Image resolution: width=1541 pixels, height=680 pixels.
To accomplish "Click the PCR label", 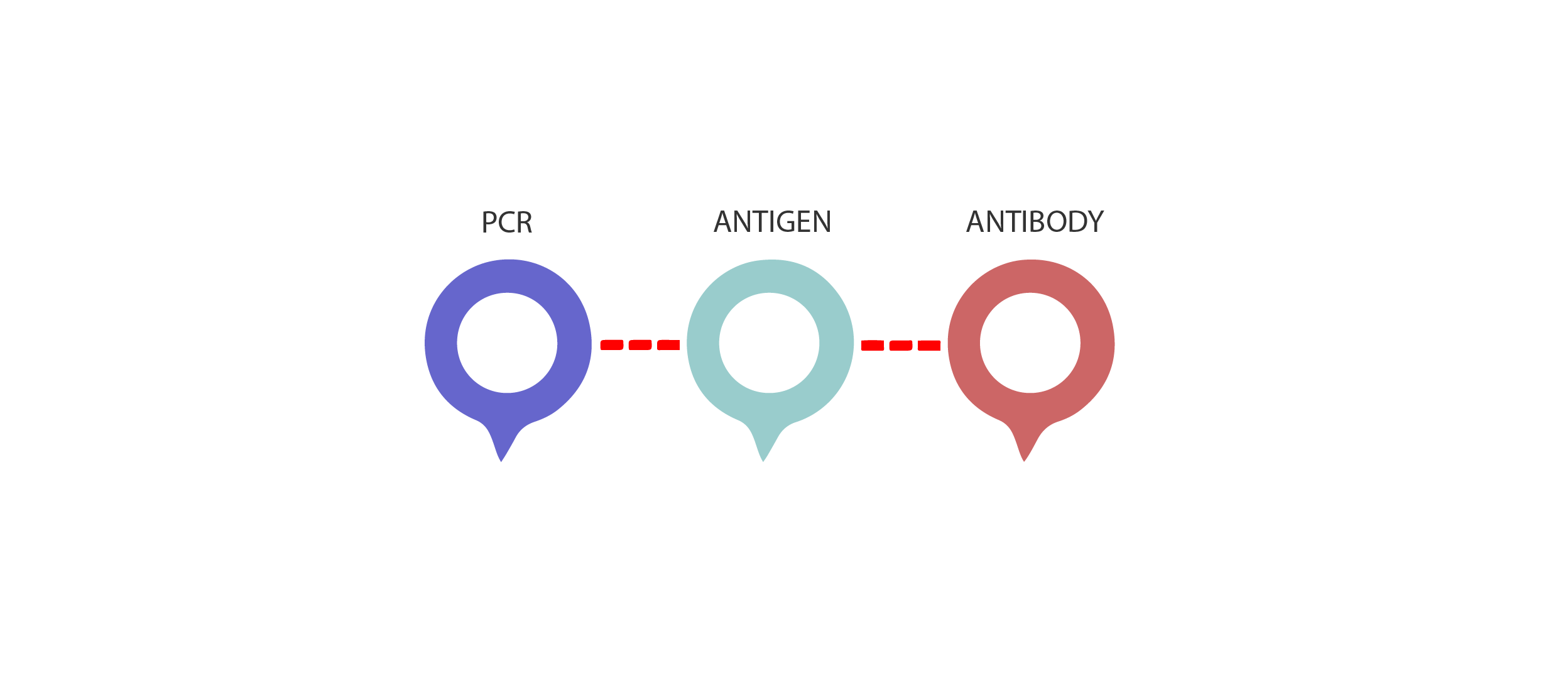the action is point(507,222).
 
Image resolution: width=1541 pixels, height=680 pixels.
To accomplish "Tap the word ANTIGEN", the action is point(773,222).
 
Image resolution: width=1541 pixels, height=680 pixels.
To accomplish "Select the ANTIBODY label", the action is point(1035,222).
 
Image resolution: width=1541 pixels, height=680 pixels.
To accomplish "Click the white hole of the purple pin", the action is point(507,343).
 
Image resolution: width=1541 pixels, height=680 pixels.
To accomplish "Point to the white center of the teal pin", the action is point(769,343).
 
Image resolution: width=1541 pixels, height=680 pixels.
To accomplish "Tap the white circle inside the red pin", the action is point(1030,343).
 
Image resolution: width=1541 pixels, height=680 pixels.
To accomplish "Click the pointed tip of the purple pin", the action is point(501,461).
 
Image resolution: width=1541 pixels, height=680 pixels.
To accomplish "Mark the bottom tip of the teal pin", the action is point(763,461).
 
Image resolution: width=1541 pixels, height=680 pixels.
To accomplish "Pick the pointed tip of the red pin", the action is point(1025,461).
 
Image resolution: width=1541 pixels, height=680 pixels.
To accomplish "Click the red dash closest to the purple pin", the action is point(612,345).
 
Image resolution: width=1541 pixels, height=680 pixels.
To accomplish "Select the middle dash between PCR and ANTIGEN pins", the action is point(640,345).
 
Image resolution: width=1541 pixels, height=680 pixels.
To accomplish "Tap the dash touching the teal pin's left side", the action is point(668,345).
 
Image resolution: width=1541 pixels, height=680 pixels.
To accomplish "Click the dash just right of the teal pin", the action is point(873,345).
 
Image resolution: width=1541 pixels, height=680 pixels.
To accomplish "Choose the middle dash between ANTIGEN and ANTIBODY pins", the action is point(901,345).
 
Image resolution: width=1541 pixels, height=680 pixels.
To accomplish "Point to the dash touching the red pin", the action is point(929,345).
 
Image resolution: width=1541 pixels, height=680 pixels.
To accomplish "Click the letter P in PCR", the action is point(489,222).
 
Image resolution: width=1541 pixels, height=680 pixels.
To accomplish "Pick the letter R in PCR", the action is point(525,222).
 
